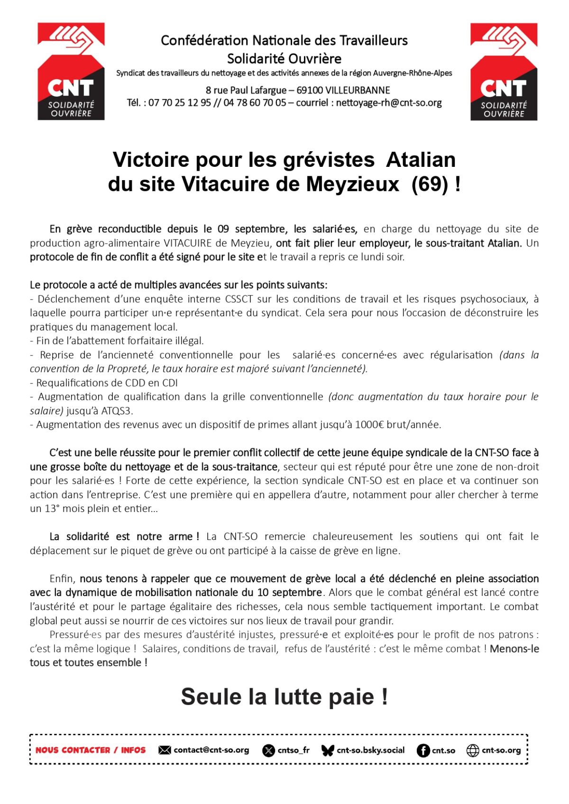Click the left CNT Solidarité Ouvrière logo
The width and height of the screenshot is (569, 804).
71,71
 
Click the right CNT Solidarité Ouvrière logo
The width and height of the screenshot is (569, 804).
504,71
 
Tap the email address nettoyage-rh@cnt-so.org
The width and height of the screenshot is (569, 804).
389,103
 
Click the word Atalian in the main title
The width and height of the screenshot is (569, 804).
421,160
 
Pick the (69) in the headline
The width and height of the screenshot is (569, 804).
430,184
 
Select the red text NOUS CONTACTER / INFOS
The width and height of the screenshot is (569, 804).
91,750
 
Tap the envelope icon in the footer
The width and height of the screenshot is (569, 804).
165,750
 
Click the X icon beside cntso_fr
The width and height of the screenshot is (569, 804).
268,750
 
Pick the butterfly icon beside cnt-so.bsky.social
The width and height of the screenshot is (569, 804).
328,750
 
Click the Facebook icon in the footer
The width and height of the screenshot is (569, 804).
423,750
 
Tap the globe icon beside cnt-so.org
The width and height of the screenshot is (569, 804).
473,750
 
